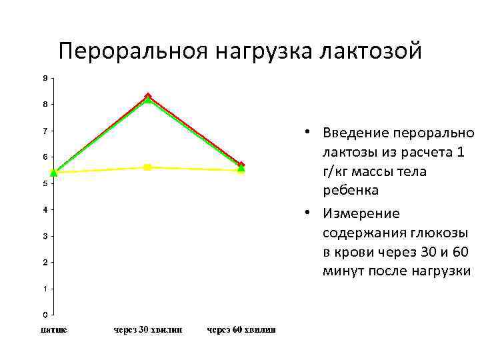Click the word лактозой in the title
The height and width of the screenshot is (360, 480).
370,51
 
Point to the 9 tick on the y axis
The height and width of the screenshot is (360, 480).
45,78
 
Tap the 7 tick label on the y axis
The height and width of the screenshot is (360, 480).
45,131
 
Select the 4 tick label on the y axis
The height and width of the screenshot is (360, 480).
45,210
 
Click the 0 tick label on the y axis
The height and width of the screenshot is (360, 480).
45,315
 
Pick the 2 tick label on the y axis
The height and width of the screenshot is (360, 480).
45,262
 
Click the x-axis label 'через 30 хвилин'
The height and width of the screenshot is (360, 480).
147,330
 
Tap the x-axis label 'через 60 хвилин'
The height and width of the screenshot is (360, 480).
241,330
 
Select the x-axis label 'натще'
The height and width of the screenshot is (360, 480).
53,330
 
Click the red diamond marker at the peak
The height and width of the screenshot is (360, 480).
148,96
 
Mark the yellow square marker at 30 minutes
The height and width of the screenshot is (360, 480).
148,167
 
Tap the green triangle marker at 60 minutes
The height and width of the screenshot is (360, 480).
241,168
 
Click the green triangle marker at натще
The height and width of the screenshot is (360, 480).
54,173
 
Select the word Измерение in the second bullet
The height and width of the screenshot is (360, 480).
361,214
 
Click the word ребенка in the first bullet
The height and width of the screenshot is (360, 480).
351,190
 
